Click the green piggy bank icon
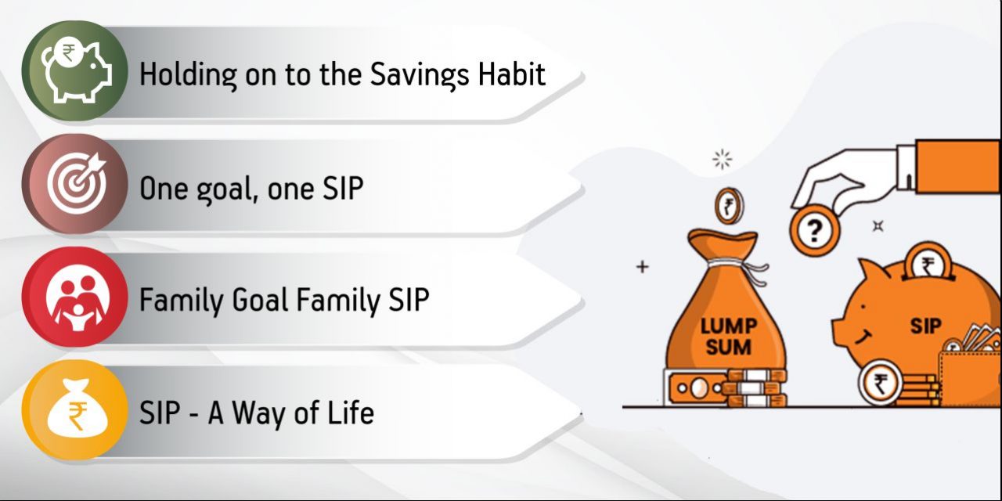coord(74,70)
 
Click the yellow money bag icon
coord(74,411)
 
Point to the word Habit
coord(513,74)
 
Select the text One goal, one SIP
coord(250,189)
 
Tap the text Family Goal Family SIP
coord(284,301)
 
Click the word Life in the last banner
coord(350,413)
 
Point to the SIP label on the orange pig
coord(925,326)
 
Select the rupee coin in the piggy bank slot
coord(928,265)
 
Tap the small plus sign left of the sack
coord(642,267)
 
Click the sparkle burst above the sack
coord(722,160)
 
